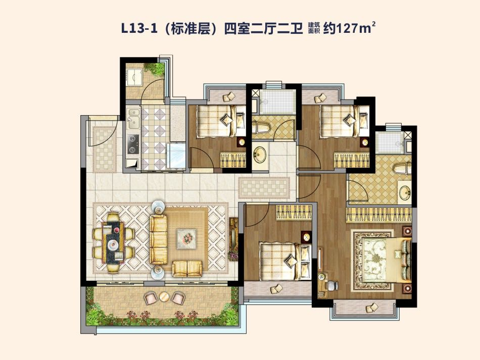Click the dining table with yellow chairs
[113, 242]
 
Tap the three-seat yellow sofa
[158, 239]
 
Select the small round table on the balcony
[164, 296]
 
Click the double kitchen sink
[133, 119]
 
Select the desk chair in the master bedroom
[332, 285]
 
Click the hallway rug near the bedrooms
[264, 187]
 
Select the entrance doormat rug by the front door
[105, 149]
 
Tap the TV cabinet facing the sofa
[233, 239]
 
